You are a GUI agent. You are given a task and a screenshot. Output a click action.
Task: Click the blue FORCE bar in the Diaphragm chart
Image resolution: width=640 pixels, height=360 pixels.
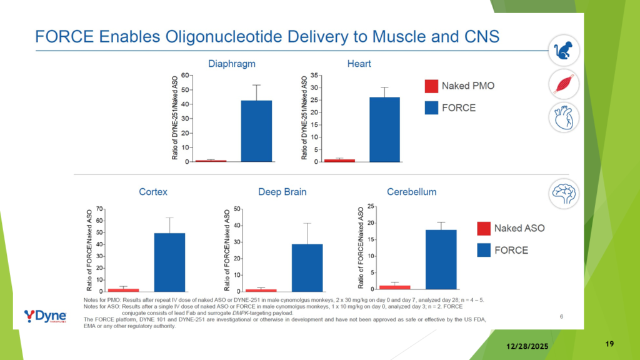[256, 131]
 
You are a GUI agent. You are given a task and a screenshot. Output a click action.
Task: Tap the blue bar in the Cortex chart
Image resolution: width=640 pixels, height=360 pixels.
[169, 262]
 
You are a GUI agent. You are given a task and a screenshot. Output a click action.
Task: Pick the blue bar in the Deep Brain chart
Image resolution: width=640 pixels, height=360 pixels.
[307, 267]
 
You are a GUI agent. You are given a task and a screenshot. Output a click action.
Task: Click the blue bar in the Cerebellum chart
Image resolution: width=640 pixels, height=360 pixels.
[441, 259]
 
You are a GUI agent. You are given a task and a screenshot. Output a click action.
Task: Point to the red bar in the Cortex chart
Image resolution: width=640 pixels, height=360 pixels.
[123, 290]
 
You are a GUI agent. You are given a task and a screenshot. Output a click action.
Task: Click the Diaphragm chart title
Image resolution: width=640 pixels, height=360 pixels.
[231, 64]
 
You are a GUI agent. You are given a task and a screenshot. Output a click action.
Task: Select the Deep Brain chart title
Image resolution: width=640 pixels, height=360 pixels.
[282, 192]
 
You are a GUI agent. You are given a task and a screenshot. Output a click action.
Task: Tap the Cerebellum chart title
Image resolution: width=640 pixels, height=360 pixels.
[411, 191]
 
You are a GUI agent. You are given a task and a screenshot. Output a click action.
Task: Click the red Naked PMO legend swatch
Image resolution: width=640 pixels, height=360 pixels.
[431, 86]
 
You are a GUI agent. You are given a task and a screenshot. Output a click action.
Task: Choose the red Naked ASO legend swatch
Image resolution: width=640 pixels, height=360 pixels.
[484, 228]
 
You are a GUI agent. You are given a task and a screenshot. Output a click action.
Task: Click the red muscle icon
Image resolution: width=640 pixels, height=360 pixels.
[564, 84]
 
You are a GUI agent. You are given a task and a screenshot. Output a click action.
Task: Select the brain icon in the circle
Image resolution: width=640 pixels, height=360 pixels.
[564, 194]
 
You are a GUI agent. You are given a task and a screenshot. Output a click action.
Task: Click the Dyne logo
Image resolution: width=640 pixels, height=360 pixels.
[45, 316]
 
